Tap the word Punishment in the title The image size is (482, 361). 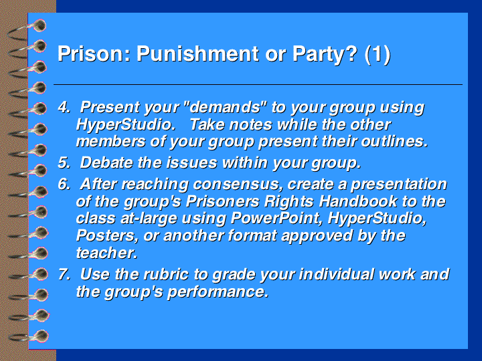(x=197, y=53)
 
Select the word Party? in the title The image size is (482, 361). (x=325, y=55)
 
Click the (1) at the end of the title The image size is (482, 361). (x=378, y=55)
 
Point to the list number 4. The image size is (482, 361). (x=64, y=107)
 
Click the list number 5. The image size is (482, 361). (x=64, y=162)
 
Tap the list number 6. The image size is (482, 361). (x=64, y=185)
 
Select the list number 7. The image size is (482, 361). (x=64, y=274)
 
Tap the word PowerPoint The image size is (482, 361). (x=276, y=218)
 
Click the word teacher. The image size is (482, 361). (x=106, y=253)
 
